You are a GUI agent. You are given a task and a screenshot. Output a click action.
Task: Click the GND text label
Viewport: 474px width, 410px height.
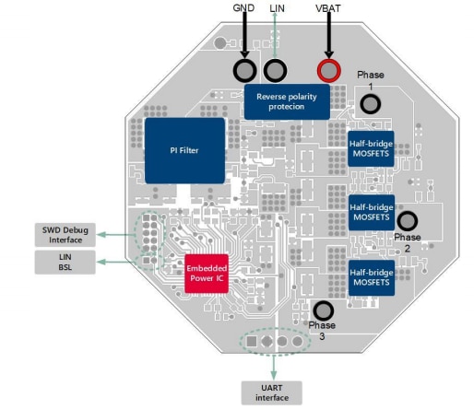[244, 7]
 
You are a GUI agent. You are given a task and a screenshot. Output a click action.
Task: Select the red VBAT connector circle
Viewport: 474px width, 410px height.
[327, 71]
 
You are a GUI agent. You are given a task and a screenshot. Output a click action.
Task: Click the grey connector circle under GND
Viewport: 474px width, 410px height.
[244, 71]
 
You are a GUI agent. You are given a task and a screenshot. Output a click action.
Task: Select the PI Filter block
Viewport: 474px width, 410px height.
[184, 148]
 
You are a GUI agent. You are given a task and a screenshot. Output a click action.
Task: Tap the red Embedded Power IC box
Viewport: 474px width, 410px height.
[207, 273]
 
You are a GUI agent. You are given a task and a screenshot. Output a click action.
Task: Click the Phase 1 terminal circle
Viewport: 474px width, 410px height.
[370, 103]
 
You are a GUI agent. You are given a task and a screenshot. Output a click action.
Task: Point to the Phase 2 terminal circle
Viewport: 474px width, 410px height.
[407, 221]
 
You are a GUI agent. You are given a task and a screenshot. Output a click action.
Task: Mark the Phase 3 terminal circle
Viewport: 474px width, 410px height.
[323, 310]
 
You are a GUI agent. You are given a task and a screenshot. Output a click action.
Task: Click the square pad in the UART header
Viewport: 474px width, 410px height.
[250, 341]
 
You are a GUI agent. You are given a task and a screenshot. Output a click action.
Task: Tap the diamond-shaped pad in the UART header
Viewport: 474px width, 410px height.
[266, 341]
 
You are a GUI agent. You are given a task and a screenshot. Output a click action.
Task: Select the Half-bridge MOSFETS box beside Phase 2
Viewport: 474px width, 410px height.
[372, 211]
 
